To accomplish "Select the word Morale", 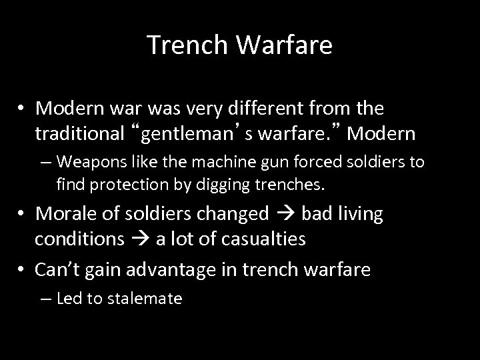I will pos(63,213).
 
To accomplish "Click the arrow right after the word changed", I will pos(283,214).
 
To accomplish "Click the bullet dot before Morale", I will pos(23,214).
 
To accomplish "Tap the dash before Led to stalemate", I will pos(47,299).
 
